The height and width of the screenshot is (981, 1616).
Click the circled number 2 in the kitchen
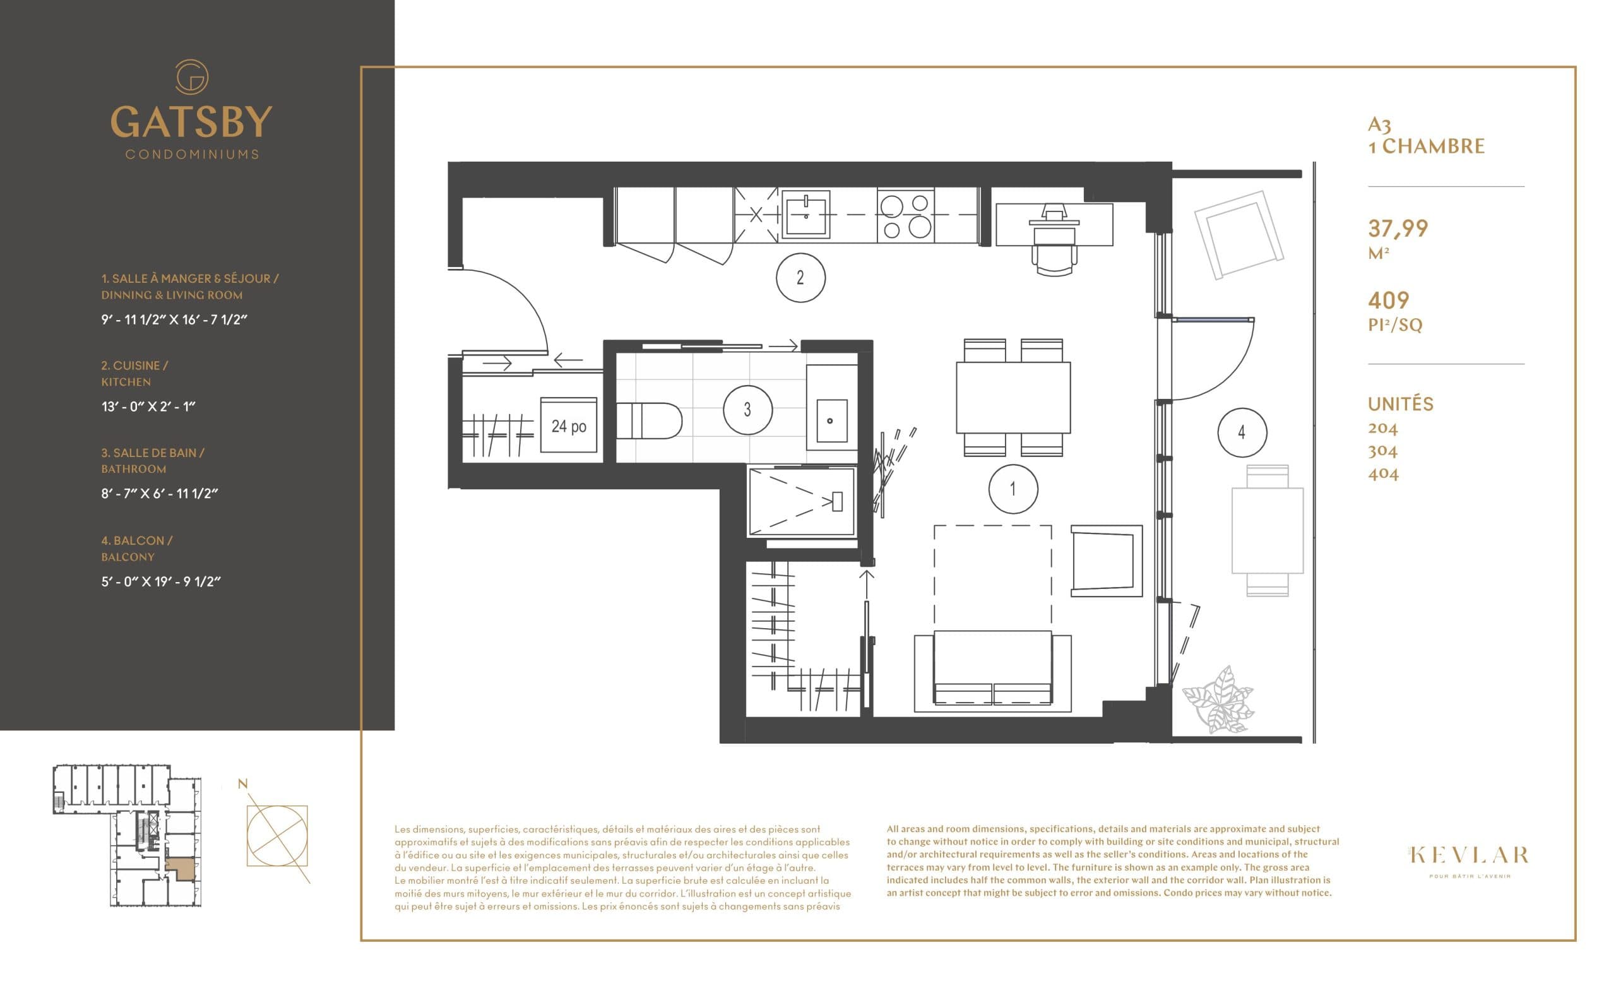click(800, 277)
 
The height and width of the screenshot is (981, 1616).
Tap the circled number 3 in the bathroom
click(747, 410)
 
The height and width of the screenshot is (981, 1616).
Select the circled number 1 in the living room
click(1013, 489)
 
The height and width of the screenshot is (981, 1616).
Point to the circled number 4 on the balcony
click(1242, 432)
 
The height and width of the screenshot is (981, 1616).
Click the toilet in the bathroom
click(649, 421)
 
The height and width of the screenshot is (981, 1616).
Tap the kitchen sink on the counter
click(806, 214)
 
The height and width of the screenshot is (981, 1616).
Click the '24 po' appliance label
click(569, 426)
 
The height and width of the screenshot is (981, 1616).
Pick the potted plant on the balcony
click(1218, 700)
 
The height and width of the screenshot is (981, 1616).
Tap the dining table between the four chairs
click(1013, 397)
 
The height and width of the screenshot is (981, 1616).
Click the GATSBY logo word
click(191, 121)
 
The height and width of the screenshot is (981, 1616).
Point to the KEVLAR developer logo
click(1469, 855)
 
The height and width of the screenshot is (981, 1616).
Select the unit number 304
click(1382, 451)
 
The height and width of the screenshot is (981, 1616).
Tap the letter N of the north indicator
click(242, 783)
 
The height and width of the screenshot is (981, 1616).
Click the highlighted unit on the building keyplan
click(181, 868)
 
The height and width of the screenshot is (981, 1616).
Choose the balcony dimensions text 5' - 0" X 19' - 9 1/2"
click(161, 581)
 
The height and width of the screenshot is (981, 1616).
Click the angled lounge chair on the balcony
click(1239, 234)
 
